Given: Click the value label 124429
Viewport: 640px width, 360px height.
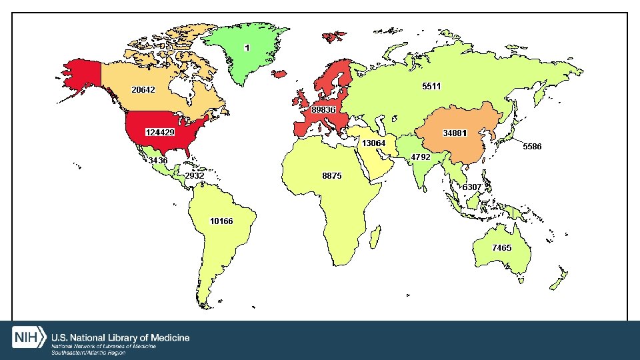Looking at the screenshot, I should click(160, 132).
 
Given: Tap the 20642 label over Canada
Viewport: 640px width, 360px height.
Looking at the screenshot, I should click(143, 89).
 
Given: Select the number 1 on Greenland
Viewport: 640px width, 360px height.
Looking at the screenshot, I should click(247, 48).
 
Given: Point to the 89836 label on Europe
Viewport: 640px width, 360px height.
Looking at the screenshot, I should click(323, 109).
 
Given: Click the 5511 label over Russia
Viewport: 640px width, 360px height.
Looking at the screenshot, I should click(431, 86).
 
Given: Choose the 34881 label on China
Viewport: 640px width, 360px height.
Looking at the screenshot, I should click(455, 133).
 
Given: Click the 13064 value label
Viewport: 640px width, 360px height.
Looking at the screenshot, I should click(374, 143).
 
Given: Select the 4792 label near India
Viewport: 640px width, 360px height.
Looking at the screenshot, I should click(421, 157).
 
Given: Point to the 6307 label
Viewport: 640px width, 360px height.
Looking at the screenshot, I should click(472, 187).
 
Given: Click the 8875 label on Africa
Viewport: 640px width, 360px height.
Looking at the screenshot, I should click(331, 176).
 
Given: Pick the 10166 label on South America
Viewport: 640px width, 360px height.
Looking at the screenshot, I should click(221, 221).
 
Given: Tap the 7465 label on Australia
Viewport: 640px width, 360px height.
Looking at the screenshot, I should click(501, 247).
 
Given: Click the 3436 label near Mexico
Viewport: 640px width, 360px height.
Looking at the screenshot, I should click(158, 161).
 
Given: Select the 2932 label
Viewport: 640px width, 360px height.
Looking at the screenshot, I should click(194, 176).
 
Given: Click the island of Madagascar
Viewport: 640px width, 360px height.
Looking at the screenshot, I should click(375, 235).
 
